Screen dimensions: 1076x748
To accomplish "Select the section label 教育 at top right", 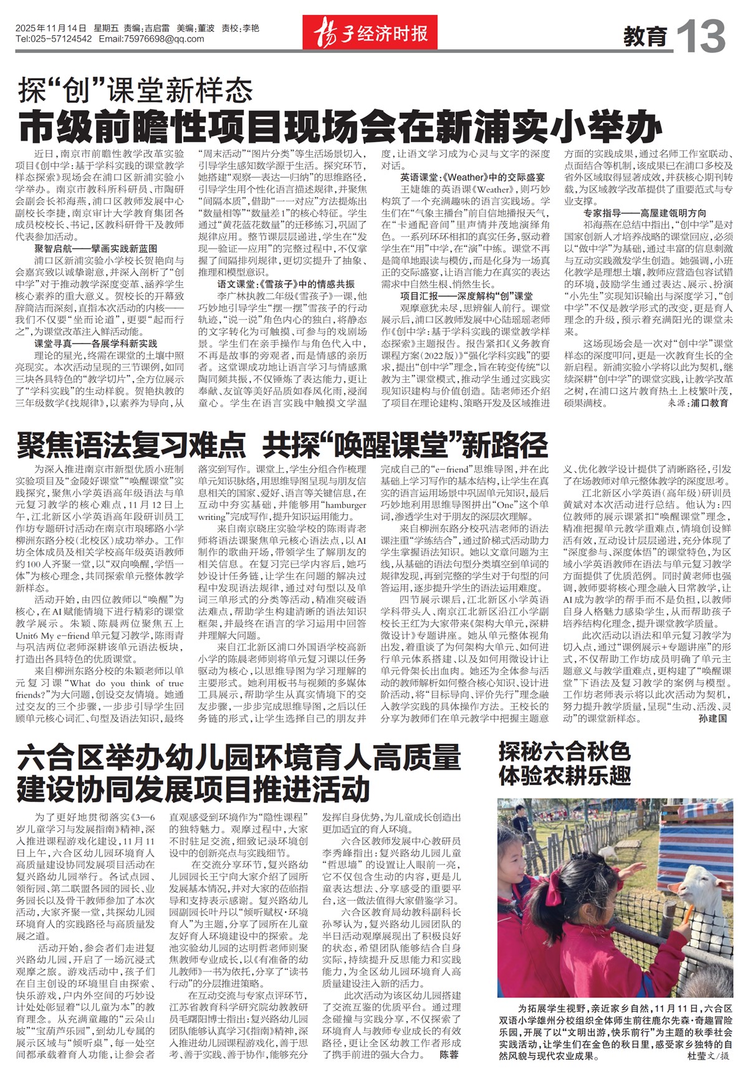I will [x=645, y=37].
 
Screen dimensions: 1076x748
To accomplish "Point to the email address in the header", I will [x=151, y=39].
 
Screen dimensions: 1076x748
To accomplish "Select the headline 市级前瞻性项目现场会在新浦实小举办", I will [x=340, y=127].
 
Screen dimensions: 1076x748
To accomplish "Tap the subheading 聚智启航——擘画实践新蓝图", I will [x=95, y=248].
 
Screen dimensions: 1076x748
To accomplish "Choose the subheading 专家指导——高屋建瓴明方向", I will [x=645, y=213].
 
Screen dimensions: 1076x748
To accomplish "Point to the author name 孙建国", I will [x=712, y=718].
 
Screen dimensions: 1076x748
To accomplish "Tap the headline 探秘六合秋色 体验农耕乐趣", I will [x=564, y=764].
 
